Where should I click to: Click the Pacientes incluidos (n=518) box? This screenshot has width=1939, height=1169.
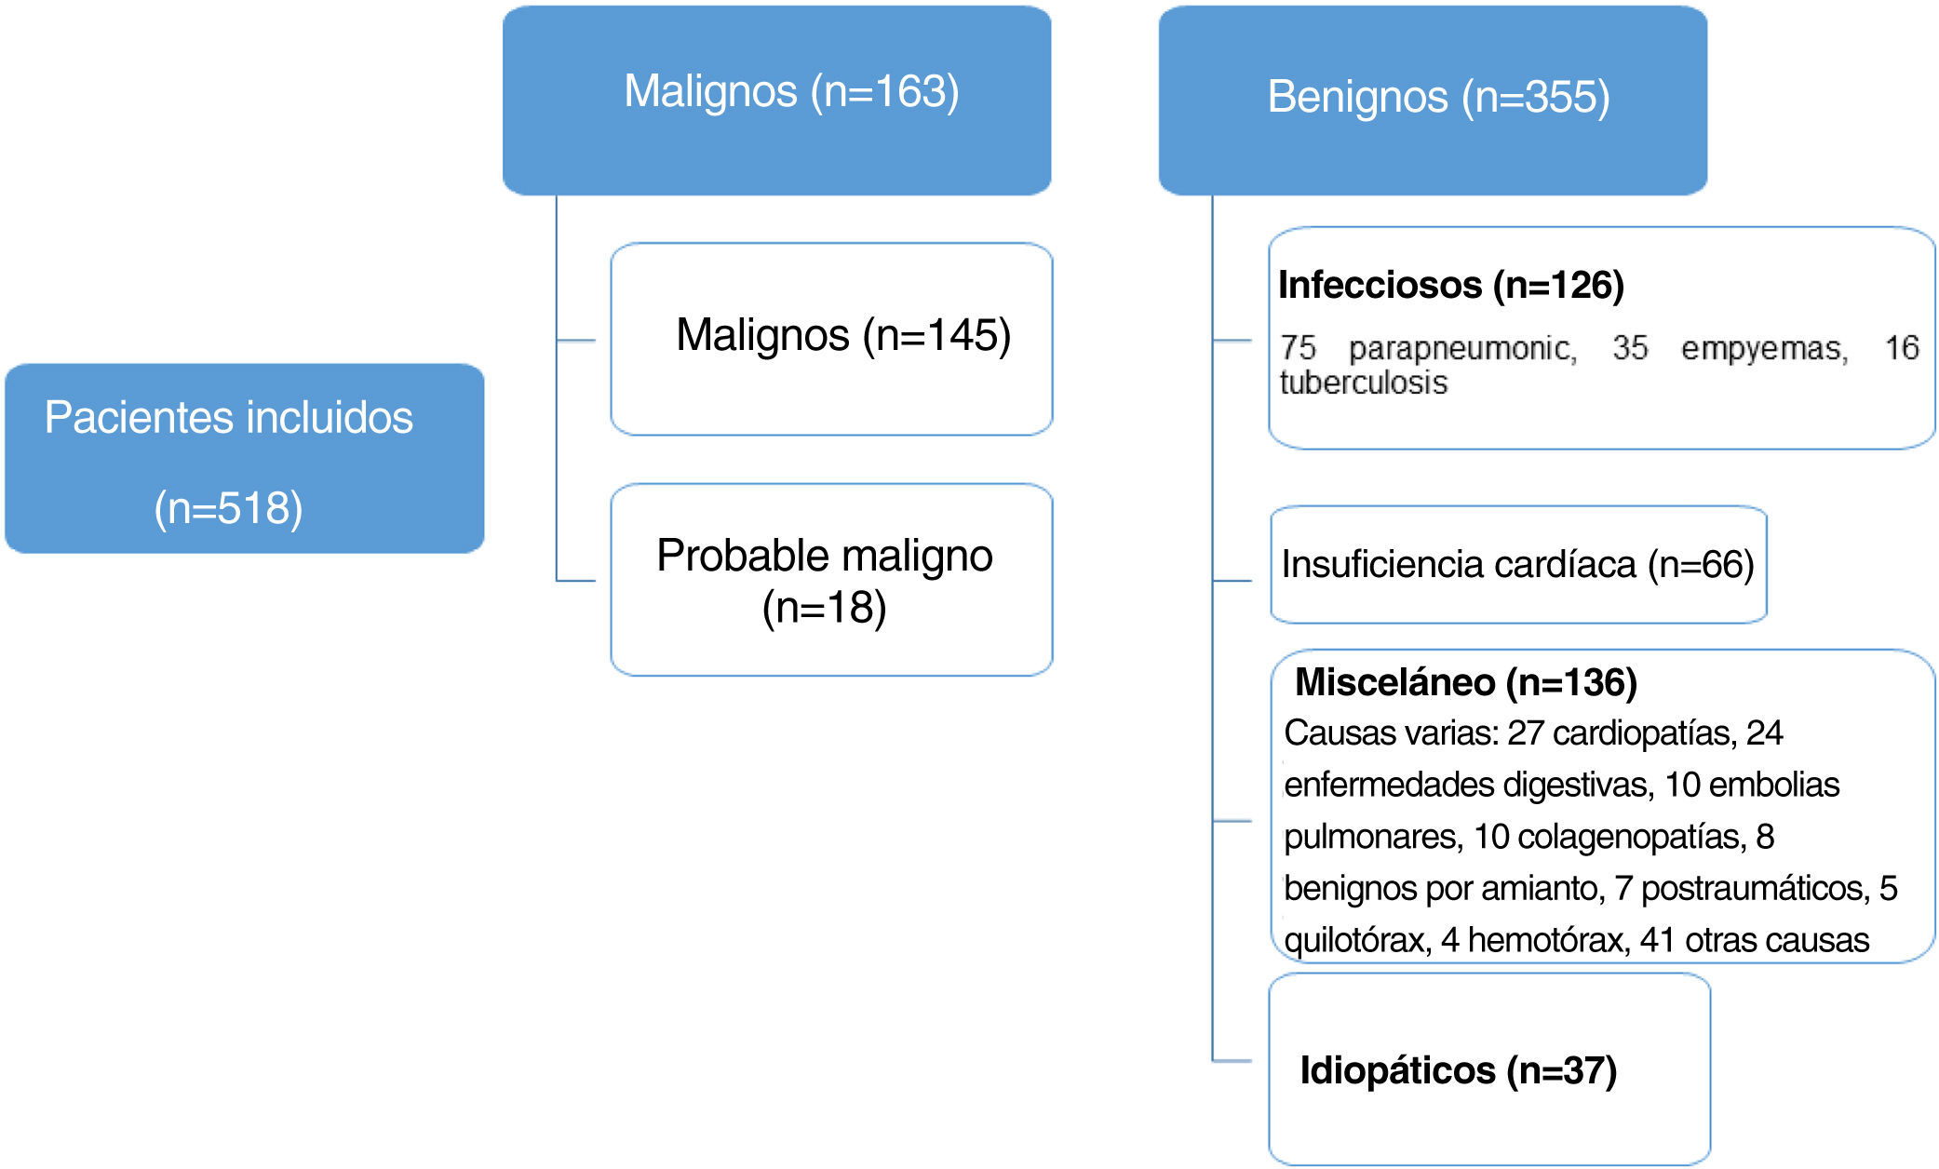pyautogui.click(x=244, y=458)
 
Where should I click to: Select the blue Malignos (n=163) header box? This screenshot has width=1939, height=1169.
pyautogui.click(x=776, y=101)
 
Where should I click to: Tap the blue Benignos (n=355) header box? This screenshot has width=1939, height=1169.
pyautogui.click(x=1432, y=101)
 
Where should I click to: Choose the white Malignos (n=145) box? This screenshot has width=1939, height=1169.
pyautogui.click(x=831, y=339)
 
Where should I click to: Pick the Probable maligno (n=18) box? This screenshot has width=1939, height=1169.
pyautogui.click(x=831, y=580)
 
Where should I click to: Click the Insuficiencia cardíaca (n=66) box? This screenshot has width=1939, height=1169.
pyautogui.click(x=1517, y=565)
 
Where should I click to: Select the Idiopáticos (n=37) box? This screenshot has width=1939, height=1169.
pyautogui.click(x=1488, y=1069)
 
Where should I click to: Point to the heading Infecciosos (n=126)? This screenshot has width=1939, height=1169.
pyautogui.click(x=1450, y=285)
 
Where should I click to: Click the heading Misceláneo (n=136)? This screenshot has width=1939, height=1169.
pyautogui.click(x=1465, y=682)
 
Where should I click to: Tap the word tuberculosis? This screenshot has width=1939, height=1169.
pyautogui.click(x=1363, y=383)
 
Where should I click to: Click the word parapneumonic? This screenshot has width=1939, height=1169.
pyautogui.click(x=1461, y=349)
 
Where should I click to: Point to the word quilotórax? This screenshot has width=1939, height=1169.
pyautogui.click(x=1356, y=940)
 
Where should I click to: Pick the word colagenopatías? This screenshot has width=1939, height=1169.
pyautogui.click(x=1632, y=837)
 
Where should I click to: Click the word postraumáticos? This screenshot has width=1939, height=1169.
pyautogui.click(x=1755, y=889)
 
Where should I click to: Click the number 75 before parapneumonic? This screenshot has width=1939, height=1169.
pyautogui.click(x=1298, y=349)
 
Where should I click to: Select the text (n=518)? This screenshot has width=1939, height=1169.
pyautogui.click(x=228, y=508)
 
